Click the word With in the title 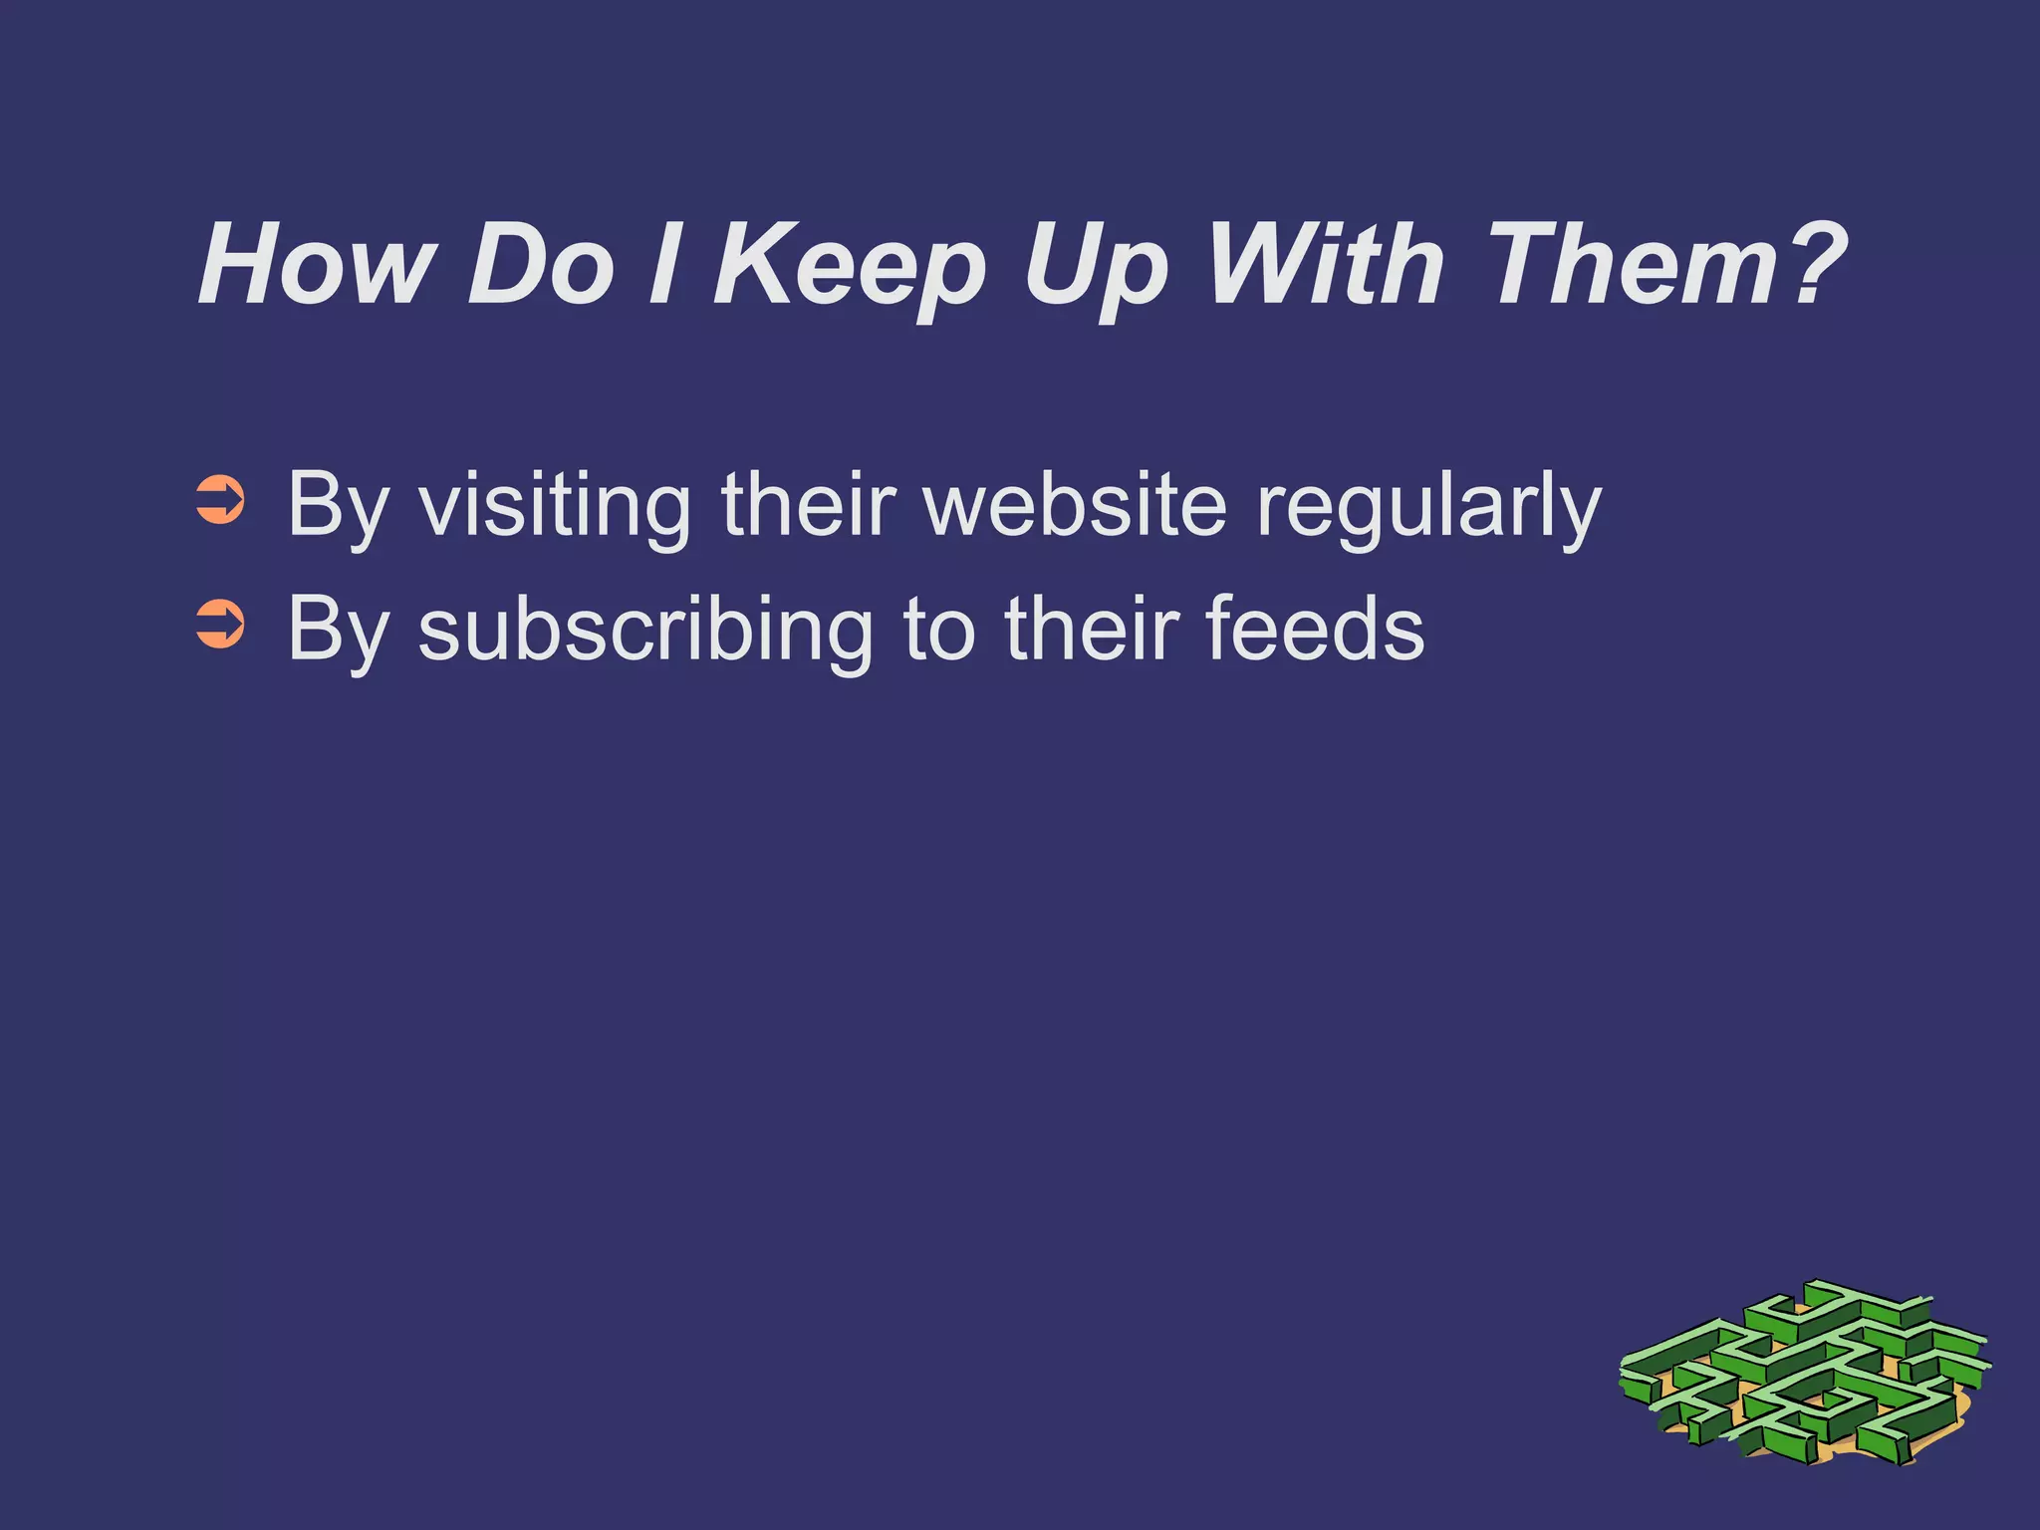click(1325, 264)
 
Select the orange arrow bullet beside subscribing click(220, 626)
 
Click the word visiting click(554, 506)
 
